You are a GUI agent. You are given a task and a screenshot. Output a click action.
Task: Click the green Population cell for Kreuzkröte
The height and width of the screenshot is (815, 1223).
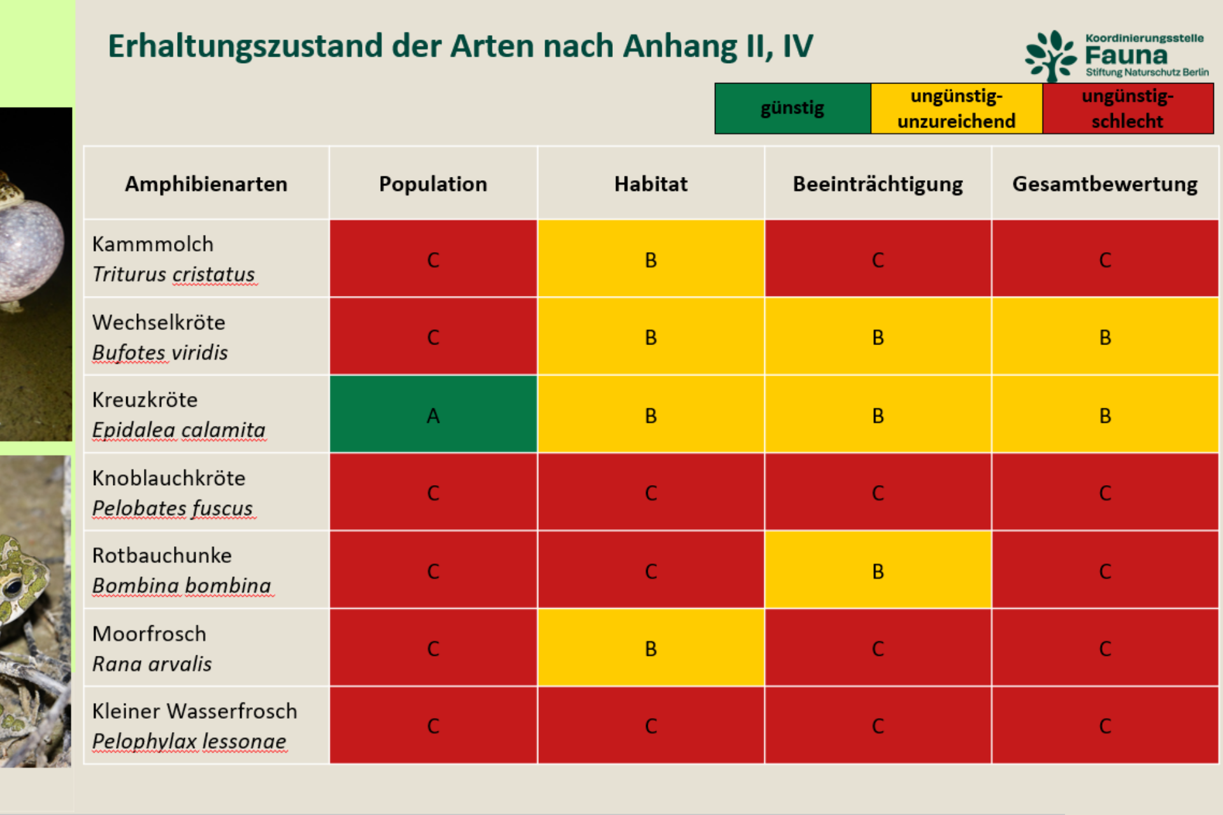pos(433,414)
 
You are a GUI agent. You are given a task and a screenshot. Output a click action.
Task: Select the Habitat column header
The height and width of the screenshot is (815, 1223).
pos(651,183)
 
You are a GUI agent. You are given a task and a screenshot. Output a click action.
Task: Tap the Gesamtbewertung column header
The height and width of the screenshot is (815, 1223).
pos(1105,183)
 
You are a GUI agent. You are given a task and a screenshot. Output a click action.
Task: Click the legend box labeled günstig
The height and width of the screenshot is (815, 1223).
pos(792,108)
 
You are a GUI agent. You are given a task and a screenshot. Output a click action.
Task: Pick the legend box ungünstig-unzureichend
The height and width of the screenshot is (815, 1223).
pos(957,108)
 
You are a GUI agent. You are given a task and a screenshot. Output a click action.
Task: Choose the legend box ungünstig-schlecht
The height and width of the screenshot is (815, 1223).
pos(1128,108)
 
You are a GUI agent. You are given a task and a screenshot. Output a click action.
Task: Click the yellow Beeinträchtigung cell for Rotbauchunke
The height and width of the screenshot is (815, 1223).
pos(878,570)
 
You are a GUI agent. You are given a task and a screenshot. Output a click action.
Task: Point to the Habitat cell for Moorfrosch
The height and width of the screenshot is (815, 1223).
pos(651,648)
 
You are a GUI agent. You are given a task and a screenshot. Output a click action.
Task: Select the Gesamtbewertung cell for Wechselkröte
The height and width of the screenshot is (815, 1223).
pos(1105,336)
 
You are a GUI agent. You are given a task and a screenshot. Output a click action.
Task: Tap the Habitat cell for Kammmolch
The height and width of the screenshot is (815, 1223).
pos(651,259)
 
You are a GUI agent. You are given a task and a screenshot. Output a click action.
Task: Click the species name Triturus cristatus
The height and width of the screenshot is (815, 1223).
pos(174,274)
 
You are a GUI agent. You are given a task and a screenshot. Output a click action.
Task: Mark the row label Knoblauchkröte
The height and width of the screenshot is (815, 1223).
pos(169,478)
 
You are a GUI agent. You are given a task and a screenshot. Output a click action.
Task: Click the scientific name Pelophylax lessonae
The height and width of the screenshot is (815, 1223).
pos(189,741)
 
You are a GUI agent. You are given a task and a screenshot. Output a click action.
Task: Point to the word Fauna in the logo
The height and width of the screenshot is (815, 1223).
pos(1126,56)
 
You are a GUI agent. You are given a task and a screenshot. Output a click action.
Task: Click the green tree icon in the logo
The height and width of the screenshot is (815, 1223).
pos(1052,56)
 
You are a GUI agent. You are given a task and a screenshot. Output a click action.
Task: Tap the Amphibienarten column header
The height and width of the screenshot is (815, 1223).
pos(206,184)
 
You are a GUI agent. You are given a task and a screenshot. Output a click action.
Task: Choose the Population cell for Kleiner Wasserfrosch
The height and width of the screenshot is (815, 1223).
pos(433,725)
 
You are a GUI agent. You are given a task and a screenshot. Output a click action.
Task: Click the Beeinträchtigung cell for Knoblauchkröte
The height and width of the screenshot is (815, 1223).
pos(878,492)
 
